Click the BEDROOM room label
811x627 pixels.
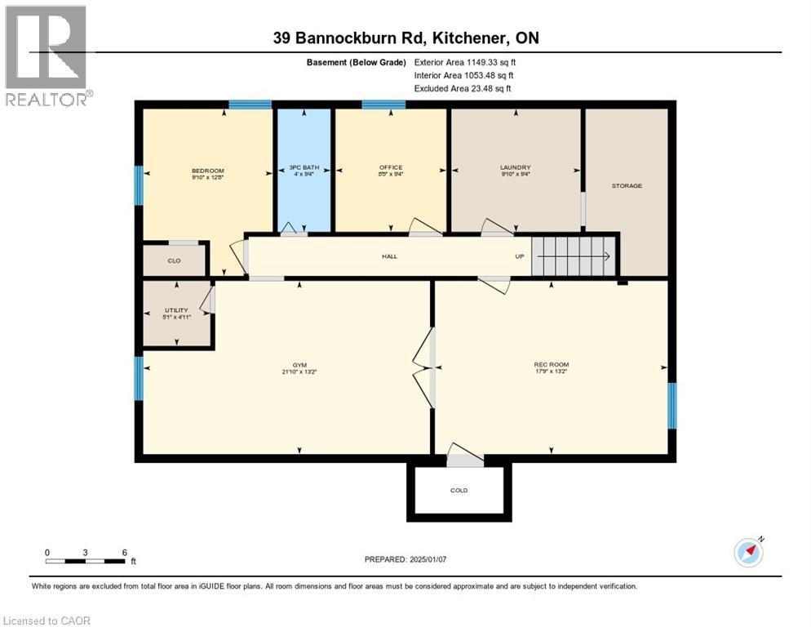(x=207, y=171)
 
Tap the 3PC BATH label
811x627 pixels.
(x=304, y=168)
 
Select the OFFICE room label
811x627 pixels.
(x=391, y=167)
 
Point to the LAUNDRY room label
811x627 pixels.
(x=515, y=167)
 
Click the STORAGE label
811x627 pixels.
(x=627, y=185)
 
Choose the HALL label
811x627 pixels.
(x=389, y=256)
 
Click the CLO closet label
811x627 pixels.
(x=174, y=260)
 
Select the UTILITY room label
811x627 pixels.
(x=176, y=310)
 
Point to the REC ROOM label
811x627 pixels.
(x=552, y=364)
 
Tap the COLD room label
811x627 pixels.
(x=459, y=491)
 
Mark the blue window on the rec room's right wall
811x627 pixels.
(x=671, y=405)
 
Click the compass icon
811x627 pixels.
(x=748, y=553)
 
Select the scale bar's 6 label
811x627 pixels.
(x=125, y=553)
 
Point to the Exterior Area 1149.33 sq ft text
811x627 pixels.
(x=465, y=61)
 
